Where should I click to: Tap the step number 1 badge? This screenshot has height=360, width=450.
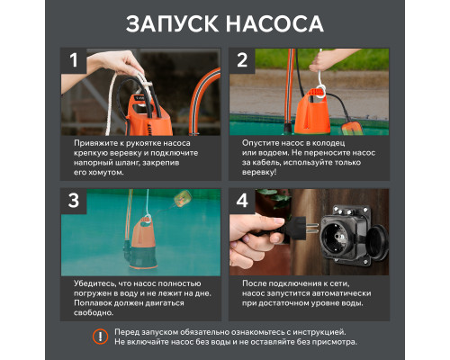tap(74, 61)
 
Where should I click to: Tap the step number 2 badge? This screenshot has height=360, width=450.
tap(242, 61)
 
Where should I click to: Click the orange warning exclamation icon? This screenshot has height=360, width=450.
tap(100, 337)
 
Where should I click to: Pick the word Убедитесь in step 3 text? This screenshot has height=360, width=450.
tap(94, 283)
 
